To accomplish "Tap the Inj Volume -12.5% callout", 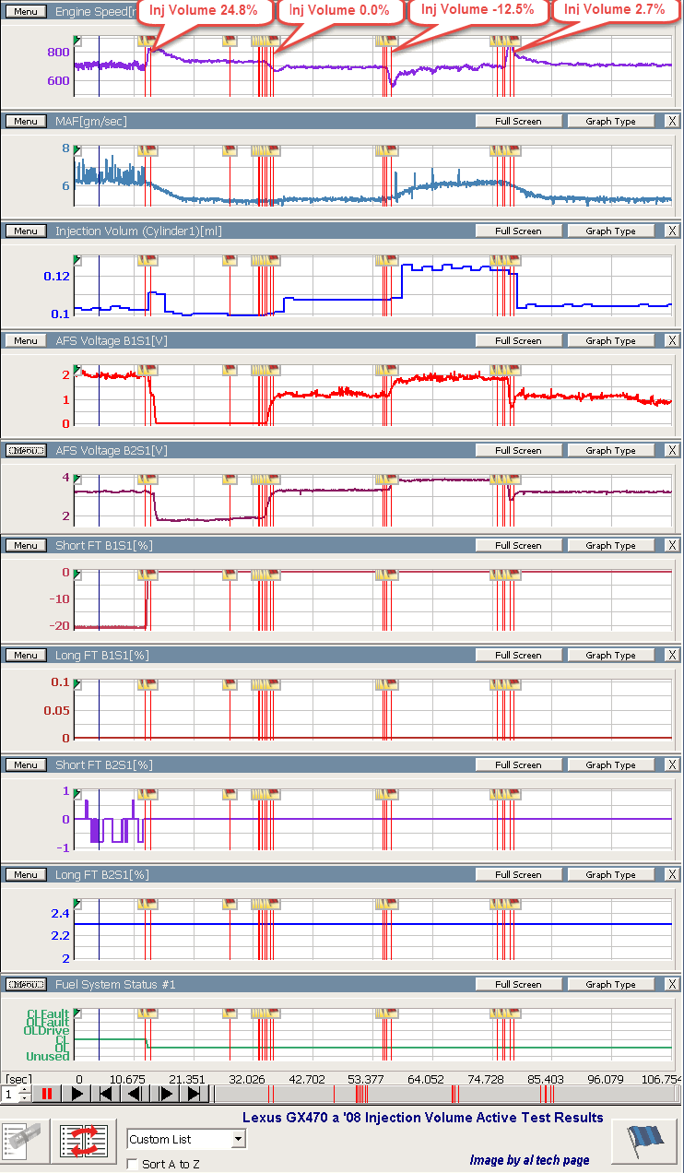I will point(477,11).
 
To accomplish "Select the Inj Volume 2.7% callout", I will point(614,11).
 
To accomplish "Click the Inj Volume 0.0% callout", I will point(339,11).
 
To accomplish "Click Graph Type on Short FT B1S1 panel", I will point(611,545).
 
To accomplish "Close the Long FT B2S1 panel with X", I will point(672,874).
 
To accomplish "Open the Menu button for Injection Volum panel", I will point(25,231).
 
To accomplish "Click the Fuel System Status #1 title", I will point(115,984).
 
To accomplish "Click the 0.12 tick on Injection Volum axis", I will point(56,276).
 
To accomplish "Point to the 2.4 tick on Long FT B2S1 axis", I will point(60,913).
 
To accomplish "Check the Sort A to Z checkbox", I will point(132,1164).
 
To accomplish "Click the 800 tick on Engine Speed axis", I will point(58,53).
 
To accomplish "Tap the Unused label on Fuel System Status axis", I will point(47,1056).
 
